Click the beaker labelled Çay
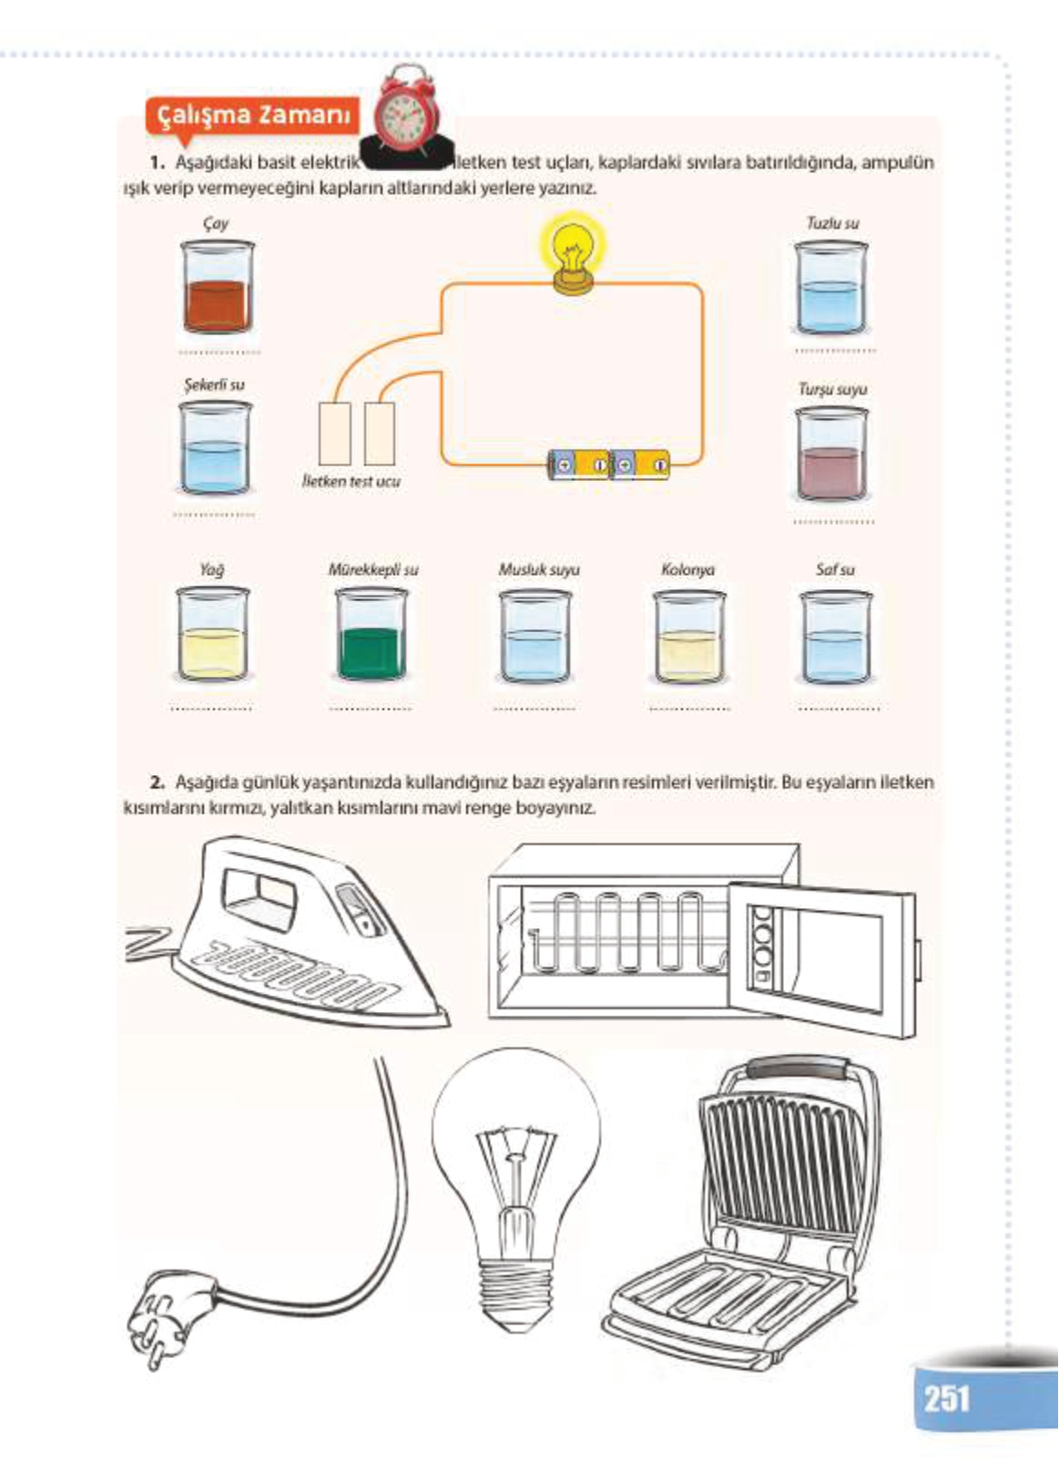[216, 289]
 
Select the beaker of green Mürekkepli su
[371, 635]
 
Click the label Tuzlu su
[832, 223]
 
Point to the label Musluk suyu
[538, 570]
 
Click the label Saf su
[835, 570]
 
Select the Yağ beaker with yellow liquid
[211, 635]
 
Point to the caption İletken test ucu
[351, 481]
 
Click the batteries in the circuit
[607, 465]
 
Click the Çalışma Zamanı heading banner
[253, 116]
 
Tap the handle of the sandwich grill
[796, 1067]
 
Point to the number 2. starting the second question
[158, 782]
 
